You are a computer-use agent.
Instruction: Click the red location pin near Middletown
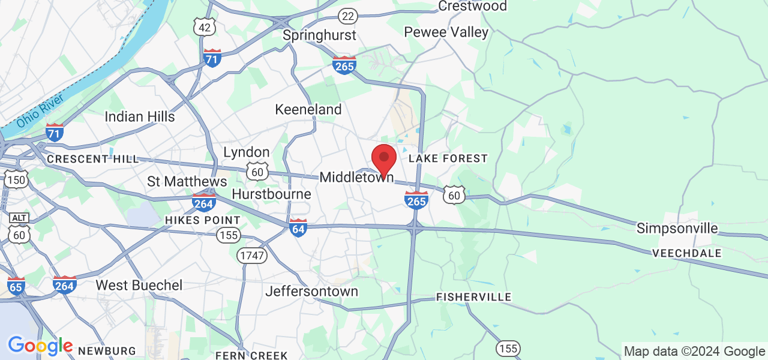point(384,158)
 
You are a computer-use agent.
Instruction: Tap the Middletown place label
point(356,178)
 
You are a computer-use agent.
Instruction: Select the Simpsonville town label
point(677,229)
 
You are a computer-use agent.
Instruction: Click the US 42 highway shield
point(205,27)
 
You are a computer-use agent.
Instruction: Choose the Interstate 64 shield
point(298,227)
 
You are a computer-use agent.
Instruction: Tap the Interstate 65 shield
point(16,286)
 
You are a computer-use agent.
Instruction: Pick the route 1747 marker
point(251,256)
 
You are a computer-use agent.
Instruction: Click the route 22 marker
point(347,16)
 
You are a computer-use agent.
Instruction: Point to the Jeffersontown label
point(311,292)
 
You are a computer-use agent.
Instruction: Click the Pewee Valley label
point(446,32)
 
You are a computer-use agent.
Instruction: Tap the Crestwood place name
point(473,6)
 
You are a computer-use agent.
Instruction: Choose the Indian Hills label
point(140,116)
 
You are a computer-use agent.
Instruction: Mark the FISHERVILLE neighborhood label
point(474,297)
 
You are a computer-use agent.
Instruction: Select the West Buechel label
point(139,285)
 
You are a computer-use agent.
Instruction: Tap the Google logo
point(40,346)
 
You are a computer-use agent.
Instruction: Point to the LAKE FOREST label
point(448,158)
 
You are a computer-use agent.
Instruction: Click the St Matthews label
point(187,181)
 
